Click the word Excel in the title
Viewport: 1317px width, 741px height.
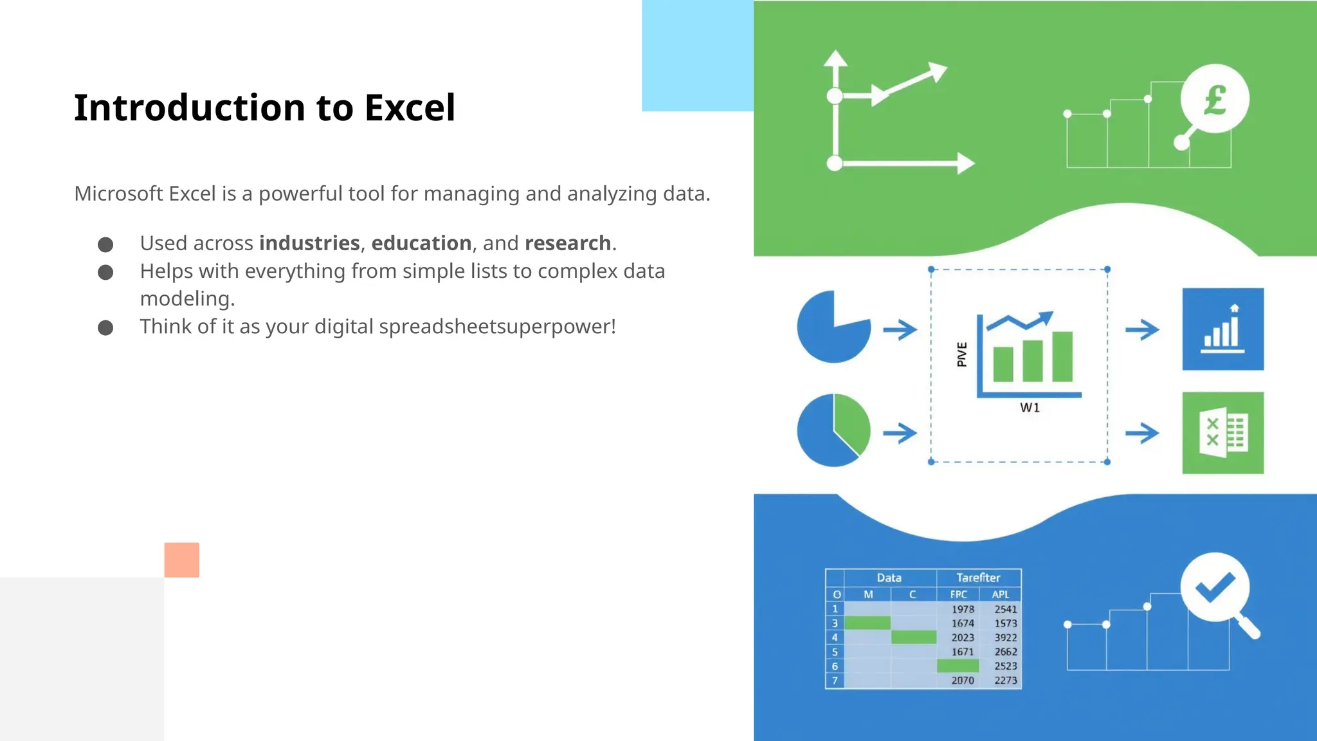point(410,107)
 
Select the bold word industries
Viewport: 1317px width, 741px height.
point(309,243)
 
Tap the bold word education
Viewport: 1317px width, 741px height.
point(421,243)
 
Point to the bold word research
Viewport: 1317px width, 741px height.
point(567,243)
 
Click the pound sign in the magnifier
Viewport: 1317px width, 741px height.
point(1215,100)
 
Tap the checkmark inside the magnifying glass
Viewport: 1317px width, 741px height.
point(1214,587)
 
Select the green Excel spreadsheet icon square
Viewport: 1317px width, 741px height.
point(1222,433)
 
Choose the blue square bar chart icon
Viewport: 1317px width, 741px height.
point(1222,329)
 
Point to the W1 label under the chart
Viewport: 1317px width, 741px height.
point(1030,408)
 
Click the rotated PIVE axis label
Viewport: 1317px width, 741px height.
point(962,354)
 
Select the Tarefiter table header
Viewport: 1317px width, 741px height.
point(977,578)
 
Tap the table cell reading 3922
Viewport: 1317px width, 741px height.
point(1005,637)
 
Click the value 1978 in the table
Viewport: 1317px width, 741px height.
point(963,609)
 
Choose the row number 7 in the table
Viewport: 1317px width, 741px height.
point(835,681)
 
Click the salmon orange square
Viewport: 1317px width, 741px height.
point(181,560)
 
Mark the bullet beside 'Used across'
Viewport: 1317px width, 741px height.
point(105,244)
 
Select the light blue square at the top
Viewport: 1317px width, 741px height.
point(697,55)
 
